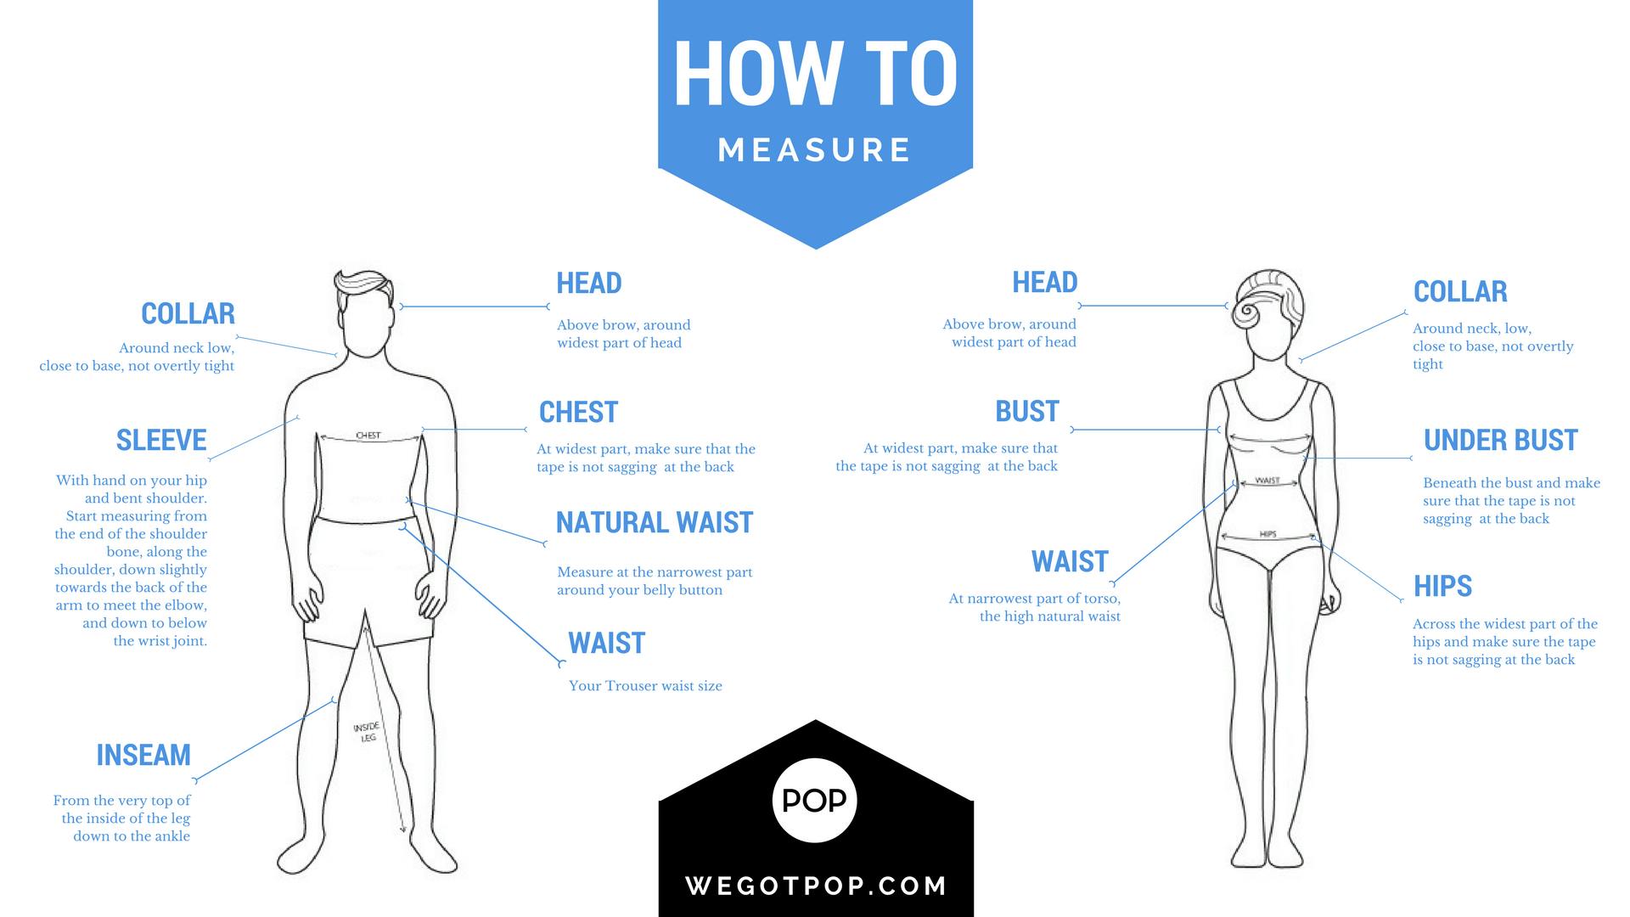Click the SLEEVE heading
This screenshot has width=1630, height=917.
161,440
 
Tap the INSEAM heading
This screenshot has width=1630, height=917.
143,755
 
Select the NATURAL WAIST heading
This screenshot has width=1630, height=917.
655,522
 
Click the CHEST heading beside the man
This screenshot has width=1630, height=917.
578,412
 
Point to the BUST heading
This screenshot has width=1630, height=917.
1027,411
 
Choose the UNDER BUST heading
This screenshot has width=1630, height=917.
1501,440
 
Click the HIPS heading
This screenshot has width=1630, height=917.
1442,586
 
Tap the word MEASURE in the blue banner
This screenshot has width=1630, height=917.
815,150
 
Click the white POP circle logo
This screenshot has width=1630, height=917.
815,800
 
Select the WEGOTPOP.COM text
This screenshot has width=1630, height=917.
816,886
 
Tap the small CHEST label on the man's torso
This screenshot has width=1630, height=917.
368,436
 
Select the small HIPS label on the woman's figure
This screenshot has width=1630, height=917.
1267,534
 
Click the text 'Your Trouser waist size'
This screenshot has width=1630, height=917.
645,686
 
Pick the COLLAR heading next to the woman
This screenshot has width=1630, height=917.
1460,291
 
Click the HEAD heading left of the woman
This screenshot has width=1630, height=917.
1044,282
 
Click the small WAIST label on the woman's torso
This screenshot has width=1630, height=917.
1267,481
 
